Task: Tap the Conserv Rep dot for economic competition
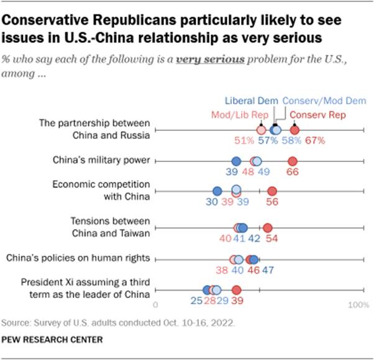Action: click(x=271, y=191)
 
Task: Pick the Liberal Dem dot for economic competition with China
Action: click(x=217, y=191)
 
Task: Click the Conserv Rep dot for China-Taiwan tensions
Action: click(x=268, y=228)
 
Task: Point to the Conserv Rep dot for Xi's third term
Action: click(x=236, y=290)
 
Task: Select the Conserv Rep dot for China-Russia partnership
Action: click(x=294, y=130)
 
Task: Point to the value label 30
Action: click(x=212, y=202)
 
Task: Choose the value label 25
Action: click(x=196, y=301)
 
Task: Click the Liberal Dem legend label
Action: click(x=251, y=101)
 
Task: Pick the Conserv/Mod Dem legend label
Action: click(x=324, y=101)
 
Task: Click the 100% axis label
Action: click(x=358, y=305)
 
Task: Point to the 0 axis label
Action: click(x=155, y=305)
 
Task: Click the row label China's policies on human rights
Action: click(x=77, y=258)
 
